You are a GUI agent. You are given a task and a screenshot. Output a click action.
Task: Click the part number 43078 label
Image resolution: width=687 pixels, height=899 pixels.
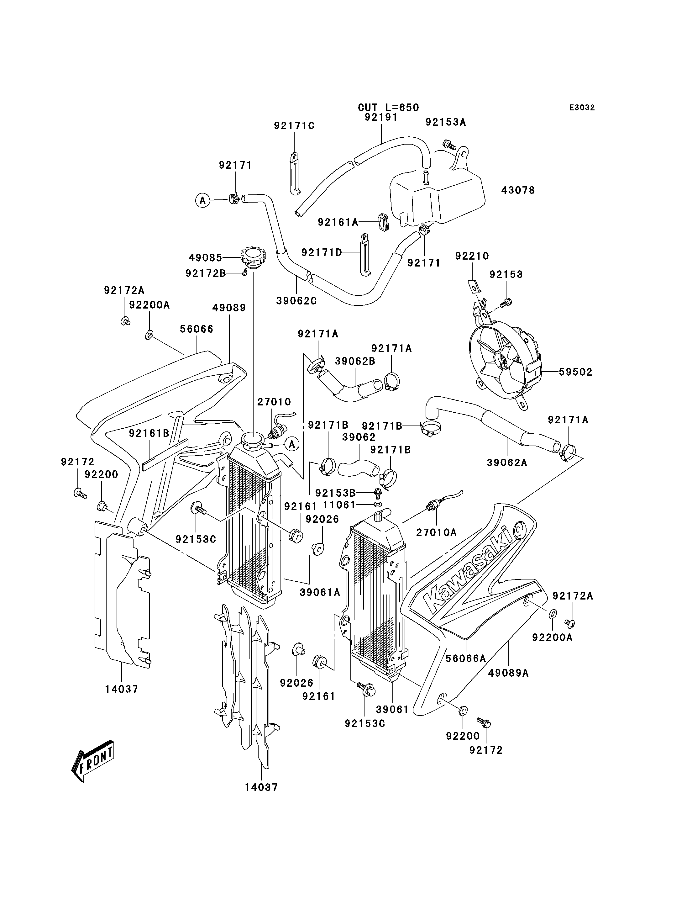coord(518,190)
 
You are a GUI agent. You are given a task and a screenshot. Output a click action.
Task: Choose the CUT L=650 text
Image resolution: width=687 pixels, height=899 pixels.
coord(389,108)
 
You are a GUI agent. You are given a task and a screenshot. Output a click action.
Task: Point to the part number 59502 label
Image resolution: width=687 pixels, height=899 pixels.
coord(576,372)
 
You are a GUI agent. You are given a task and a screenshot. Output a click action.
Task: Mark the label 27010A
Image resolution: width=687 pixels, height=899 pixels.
coord(436,532)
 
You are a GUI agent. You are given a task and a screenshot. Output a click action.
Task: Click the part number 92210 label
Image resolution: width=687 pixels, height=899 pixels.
coord(472,256)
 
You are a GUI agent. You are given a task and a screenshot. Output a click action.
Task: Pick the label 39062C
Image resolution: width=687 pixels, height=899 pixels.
coord(296,301)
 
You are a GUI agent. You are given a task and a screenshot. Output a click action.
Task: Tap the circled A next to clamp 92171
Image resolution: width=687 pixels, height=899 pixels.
coord(202,200)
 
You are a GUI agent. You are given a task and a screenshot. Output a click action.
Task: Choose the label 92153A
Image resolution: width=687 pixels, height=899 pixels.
coord(446,122)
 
